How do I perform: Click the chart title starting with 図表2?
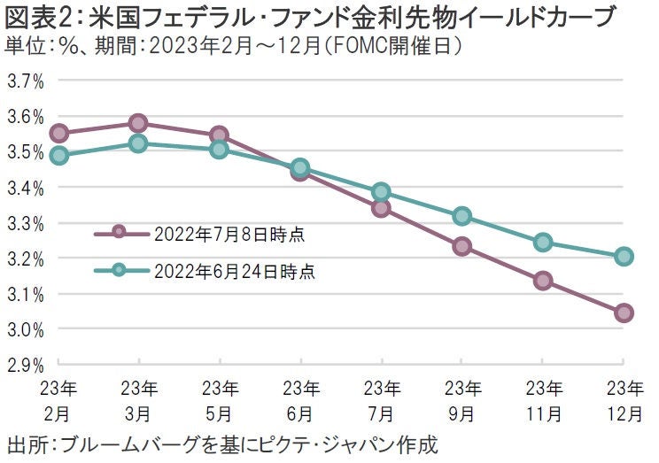click(311, 17)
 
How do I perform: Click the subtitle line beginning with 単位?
click(235, 45)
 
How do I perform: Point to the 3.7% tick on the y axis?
click(26, 81)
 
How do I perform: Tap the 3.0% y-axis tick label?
click(26, 329)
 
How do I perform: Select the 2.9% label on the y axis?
click(26, 365)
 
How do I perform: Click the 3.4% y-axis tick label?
click(26, 188)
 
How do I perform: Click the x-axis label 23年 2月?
click(58, 399)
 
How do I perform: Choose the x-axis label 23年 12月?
click(624, 399)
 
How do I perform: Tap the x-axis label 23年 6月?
click(300, 399)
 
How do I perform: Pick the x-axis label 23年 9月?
click(461, 399)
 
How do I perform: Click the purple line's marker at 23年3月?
click(139, 123)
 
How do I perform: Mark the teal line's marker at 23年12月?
click(624, 257)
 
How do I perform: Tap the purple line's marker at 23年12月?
click(624, 313)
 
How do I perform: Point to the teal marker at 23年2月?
click(58, 155)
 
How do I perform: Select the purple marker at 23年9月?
click(461, 246)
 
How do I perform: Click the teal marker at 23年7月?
click(381, 192)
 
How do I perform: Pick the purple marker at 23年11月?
click(543, 281)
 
